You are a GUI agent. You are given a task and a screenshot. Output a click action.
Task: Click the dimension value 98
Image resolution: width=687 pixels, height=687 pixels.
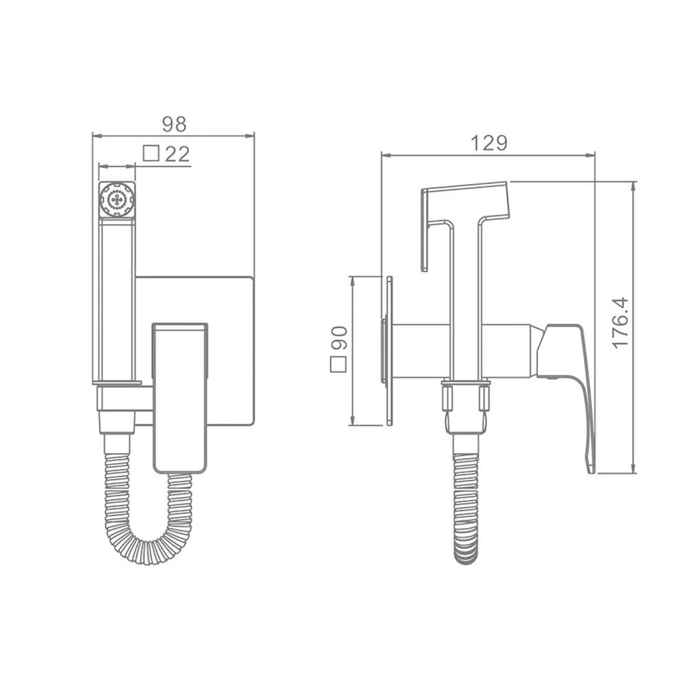click(174, 124)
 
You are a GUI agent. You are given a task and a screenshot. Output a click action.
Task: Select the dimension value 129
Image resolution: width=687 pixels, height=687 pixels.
click(489, 144)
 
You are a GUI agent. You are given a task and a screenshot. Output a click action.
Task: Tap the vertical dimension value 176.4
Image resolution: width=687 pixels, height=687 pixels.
click(620, 324)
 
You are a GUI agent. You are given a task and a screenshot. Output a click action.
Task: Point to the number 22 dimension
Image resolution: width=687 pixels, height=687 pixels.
click(177, 154)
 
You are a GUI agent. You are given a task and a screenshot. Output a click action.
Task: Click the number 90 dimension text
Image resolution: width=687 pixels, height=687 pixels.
click(339, 338)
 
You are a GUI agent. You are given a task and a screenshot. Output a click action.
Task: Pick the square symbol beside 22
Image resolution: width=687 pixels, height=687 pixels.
click(151, 153)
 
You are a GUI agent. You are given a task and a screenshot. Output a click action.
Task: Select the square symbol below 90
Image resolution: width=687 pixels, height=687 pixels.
click(338, 365)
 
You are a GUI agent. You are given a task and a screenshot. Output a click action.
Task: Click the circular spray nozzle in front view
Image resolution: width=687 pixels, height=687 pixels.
click(117, 200)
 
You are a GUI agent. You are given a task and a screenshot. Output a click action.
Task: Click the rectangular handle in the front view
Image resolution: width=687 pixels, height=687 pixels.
click(180, 398)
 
